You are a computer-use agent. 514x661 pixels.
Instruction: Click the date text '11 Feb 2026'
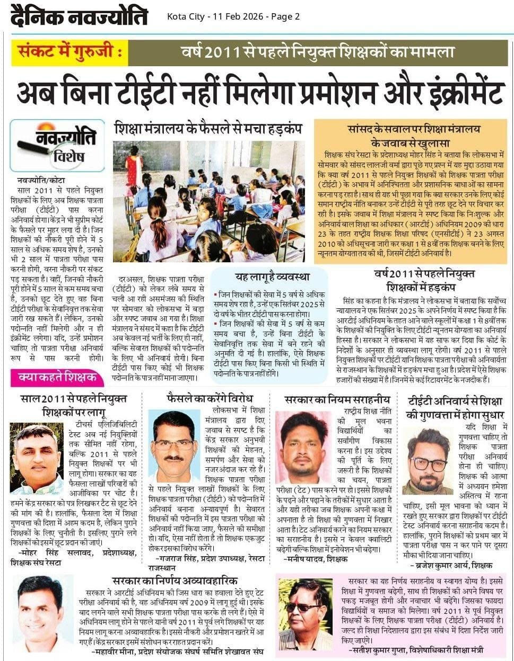[237, 16]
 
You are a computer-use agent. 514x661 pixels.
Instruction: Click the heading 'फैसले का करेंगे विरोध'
[210, 398]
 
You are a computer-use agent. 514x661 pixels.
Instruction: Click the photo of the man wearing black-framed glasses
[427, 461]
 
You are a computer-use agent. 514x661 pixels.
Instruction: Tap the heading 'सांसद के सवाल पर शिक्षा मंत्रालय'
[414, 129]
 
